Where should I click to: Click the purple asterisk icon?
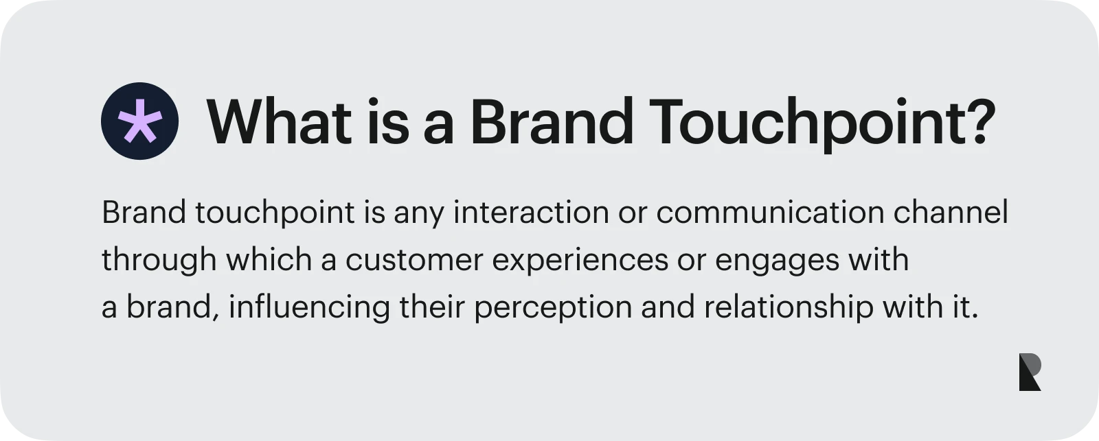[x=140, y=121]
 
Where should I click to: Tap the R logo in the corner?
[x=1030, y=372]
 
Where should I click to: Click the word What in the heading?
[x=279, y=121]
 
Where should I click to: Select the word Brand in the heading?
[x=552, y=121]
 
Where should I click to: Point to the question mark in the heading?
[x=979, y=121]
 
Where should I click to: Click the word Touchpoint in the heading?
[x=805, y=124]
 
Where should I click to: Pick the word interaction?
[x=531, y=212]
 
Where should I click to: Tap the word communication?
[x=770, y=212]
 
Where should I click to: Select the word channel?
[x=951, y=212]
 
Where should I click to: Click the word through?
[x=159, y=260]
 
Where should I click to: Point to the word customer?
[x=414, y=260]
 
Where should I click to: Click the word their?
[x=432, y=307]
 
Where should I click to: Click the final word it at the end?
[x=966, y=307]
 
